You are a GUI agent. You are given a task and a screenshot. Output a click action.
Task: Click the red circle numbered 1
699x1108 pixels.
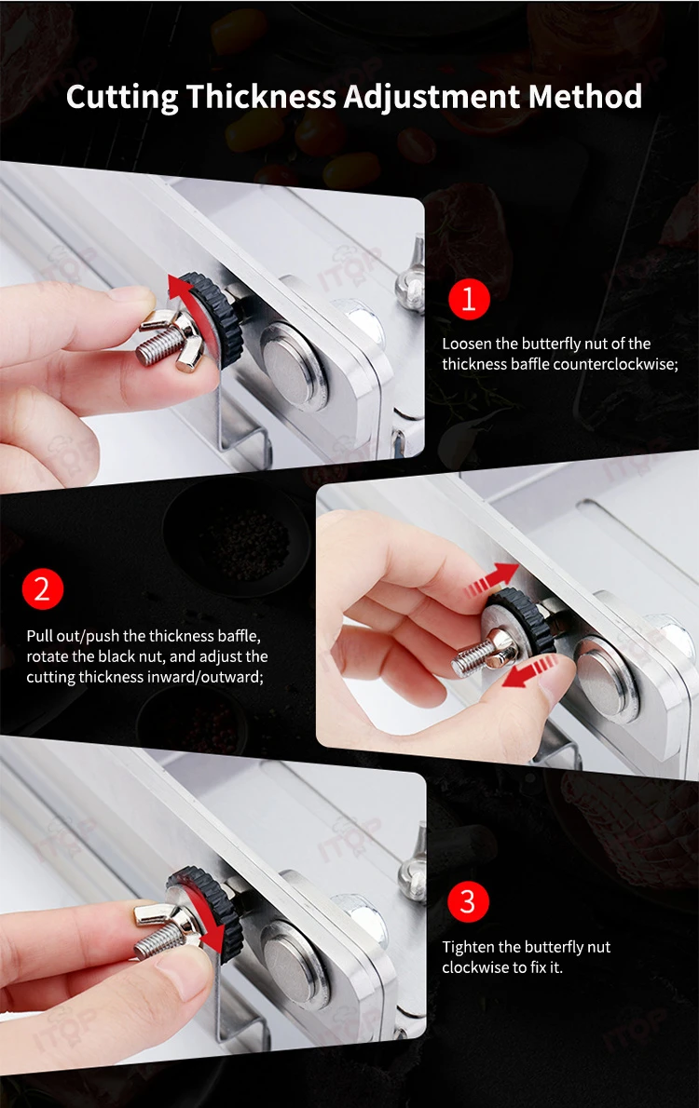469,299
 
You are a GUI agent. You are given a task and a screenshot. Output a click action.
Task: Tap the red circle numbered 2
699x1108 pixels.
43,588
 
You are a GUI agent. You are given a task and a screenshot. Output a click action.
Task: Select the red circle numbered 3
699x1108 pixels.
468,901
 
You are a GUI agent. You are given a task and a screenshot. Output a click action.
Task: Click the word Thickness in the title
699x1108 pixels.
261,96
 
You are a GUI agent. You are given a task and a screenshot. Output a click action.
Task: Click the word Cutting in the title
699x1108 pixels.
122,98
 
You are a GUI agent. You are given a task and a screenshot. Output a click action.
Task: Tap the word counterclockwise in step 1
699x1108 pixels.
615,364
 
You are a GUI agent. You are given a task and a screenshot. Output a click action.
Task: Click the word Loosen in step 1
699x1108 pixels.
466,344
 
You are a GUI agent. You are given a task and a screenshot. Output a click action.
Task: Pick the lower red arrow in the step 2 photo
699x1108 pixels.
530,670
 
